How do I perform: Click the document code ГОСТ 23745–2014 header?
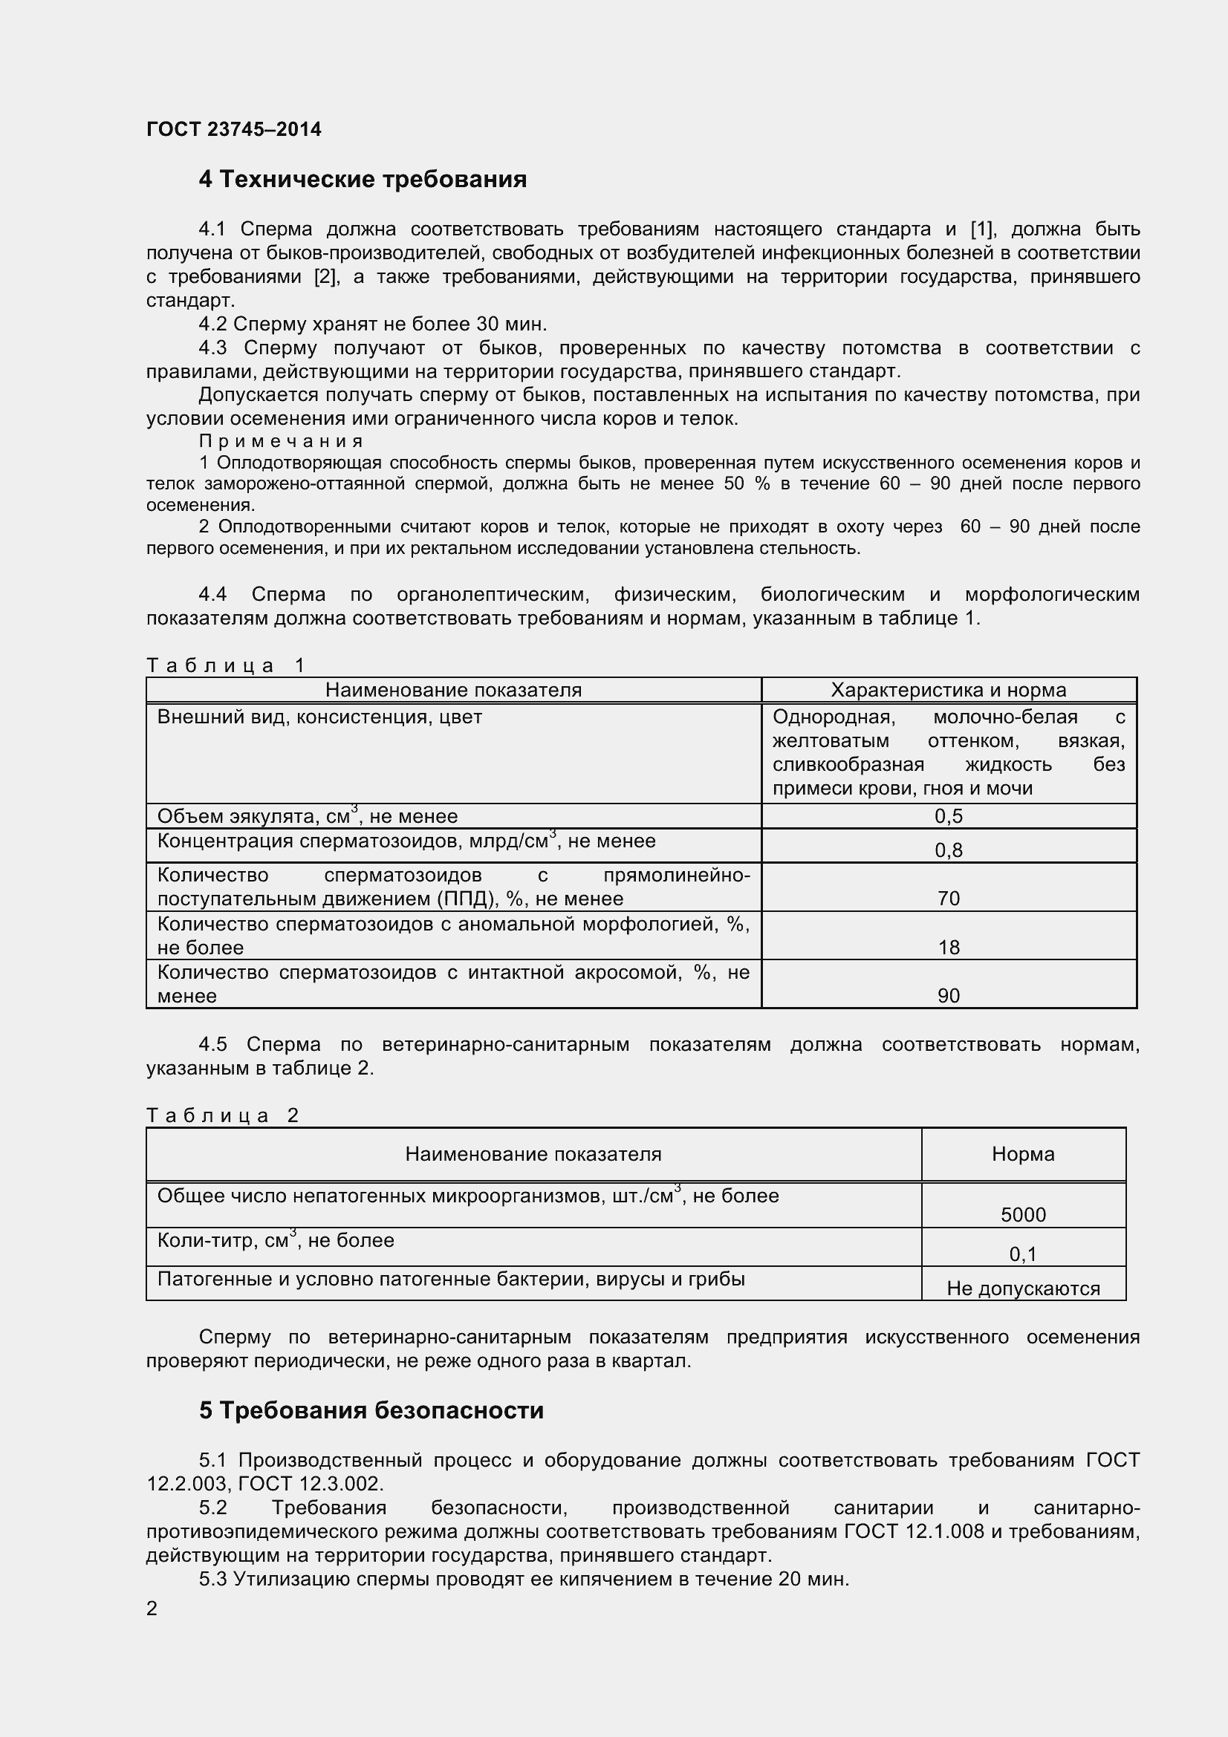coord(234,129)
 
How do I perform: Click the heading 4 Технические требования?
coord(363,179)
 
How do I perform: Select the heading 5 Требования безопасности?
coord(371,1411)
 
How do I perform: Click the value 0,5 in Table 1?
coord(948,816)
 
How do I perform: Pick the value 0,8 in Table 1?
coord(948,850)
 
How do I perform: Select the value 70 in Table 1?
coord(948,899)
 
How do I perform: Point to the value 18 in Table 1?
coord(948,947)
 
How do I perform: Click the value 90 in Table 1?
coord(948,996)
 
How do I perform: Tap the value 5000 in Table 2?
coord(1023,1215)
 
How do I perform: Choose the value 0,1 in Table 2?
coord(1023,1254)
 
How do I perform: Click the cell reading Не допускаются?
coord(1023,1288)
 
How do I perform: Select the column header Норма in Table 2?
coord(1023,1155)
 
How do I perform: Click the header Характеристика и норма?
coord(948,690)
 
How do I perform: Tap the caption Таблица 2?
coord(222,1116)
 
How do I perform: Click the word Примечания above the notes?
coord(281,441)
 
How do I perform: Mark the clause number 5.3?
coord(213,1580)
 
